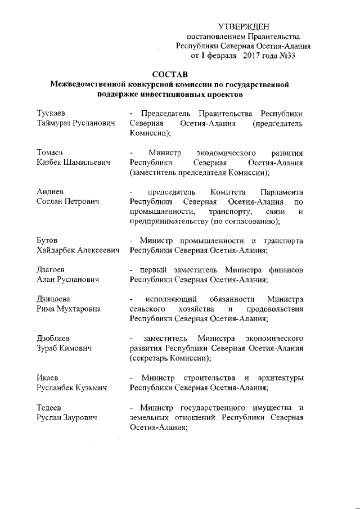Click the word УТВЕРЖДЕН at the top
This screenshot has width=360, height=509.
244,27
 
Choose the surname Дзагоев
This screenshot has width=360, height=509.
53,270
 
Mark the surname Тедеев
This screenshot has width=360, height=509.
50,408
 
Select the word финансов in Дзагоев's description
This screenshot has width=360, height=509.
287,270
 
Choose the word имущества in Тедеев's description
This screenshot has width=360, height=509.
273,408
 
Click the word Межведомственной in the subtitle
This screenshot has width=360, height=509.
89,85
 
